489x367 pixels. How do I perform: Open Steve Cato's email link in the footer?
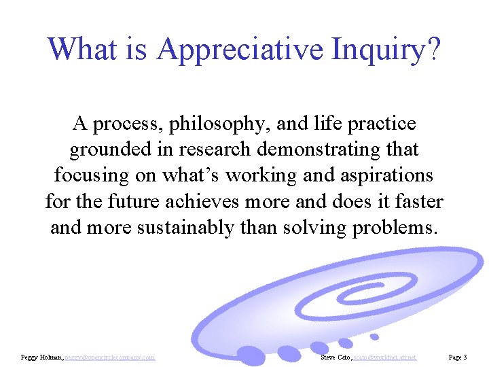[383, 357]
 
